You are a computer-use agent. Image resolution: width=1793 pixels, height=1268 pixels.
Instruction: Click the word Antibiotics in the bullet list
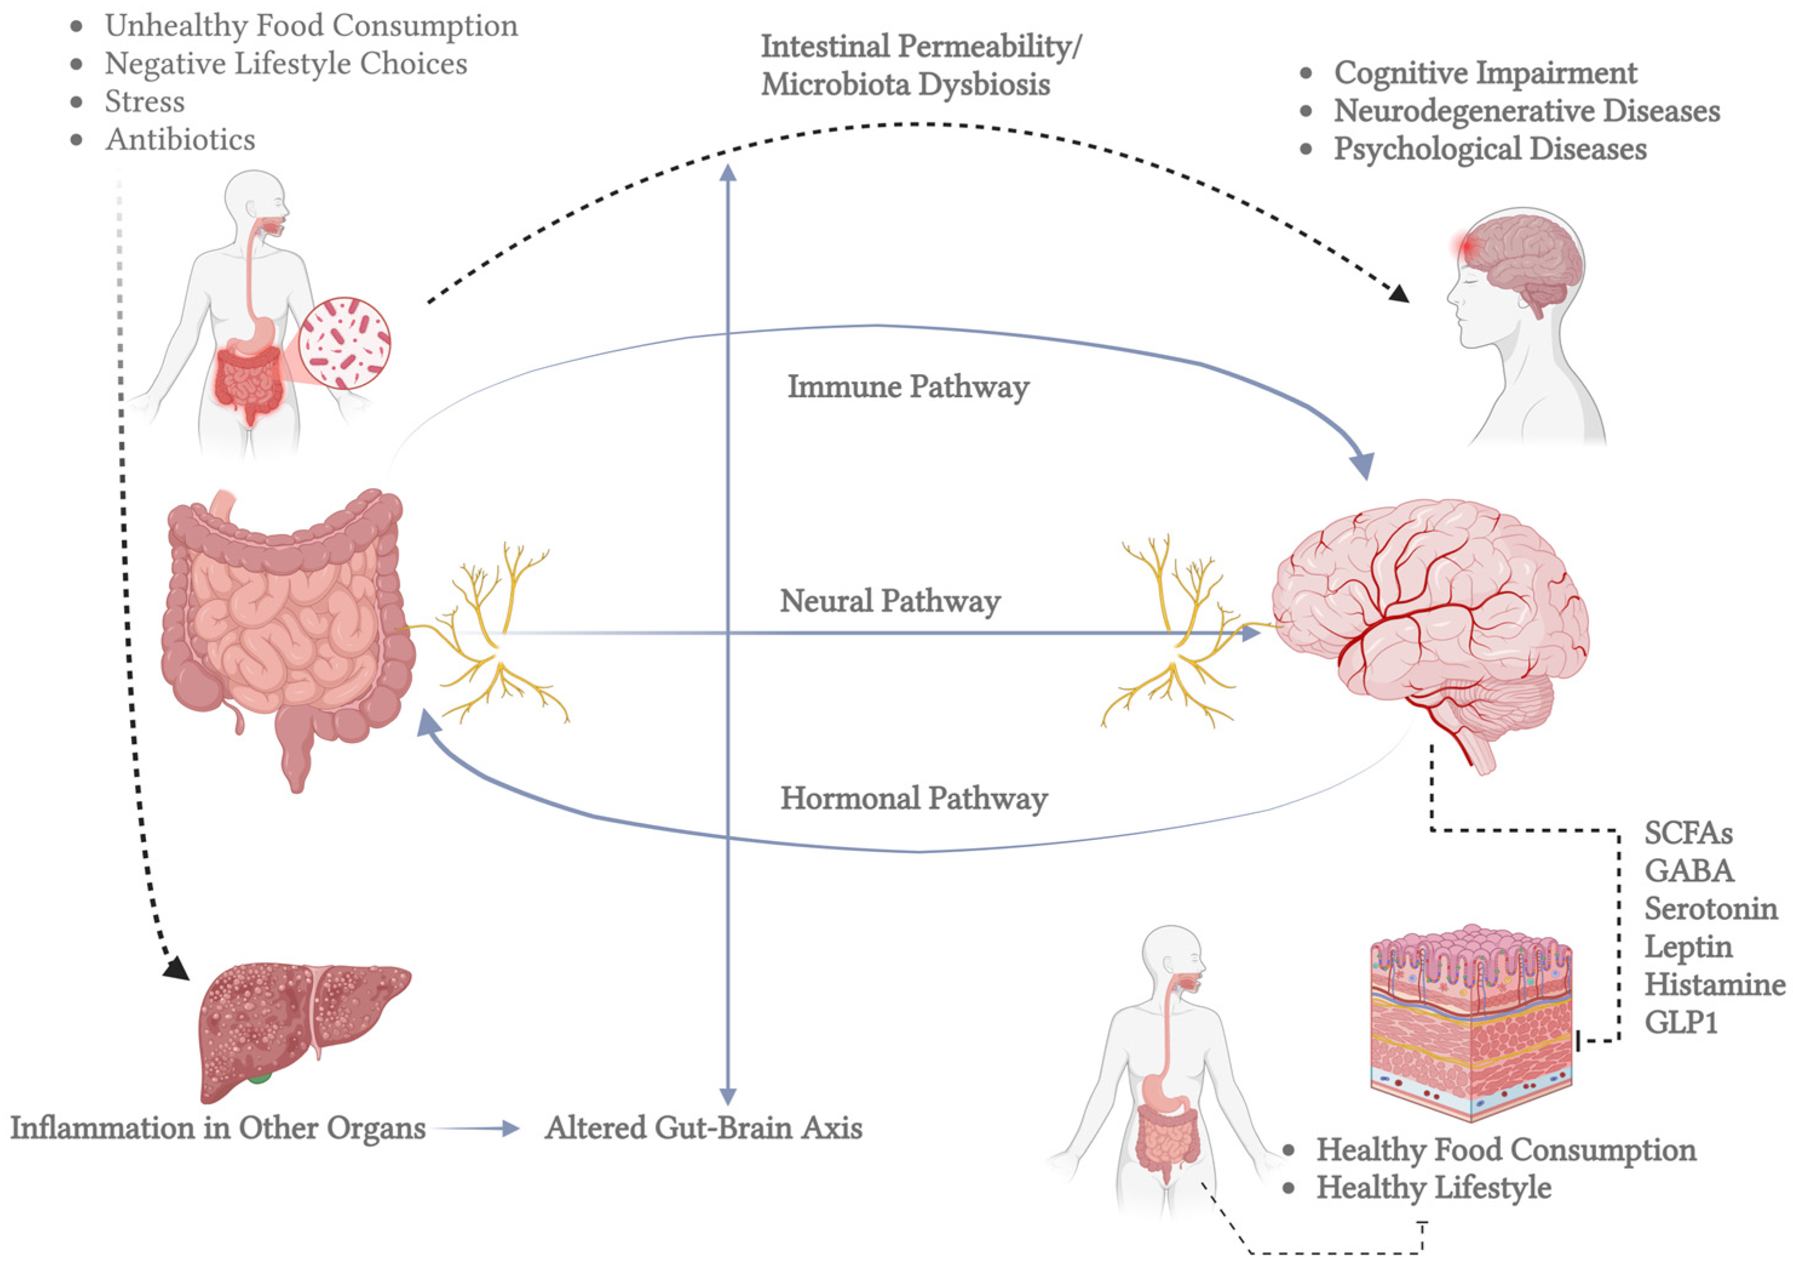coord(180,140)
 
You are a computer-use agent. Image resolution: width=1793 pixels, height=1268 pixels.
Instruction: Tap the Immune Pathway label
coord(908,387)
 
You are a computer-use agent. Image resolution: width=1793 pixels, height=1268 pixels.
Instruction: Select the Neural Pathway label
coord(890,601)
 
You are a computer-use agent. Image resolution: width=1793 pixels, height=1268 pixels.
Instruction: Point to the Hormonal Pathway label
coord(914,799)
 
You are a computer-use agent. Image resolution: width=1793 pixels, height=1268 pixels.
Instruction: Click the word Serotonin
coord(1710,909)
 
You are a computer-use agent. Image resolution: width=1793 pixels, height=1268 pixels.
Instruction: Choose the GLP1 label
coord(1680,1023)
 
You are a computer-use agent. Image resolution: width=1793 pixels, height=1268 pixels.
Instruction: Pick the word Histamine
coord(1714,985)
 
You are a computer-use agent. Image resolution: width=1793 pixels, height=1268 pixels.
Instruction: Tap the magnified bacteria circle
coord(344,344)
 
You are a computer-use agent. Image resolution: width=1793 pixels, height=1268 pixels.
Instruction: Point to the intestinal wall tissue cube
coord(1470,1023)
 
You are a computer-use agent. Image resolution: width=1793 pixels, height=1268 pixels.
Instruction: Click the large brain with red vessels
coord(1429,617)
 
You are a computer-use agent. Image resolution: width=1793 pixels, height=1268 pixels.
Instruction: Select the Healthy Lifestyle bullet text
coord(1433,1187)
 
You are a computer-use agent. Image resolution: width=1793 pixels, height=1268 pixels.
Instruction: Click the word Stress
coord(145,102)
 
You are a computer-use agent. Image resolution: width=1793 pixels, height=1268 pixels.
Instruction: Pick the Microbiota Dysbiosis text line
coord(905,84)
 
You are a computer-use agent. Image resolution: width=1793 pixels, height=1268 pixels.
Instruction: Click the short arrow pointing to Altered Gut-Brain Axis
coord(476,1128)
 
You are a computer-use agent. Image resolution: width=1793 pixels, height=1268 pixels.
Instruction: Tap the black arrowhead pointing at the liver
coord(177,969)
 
